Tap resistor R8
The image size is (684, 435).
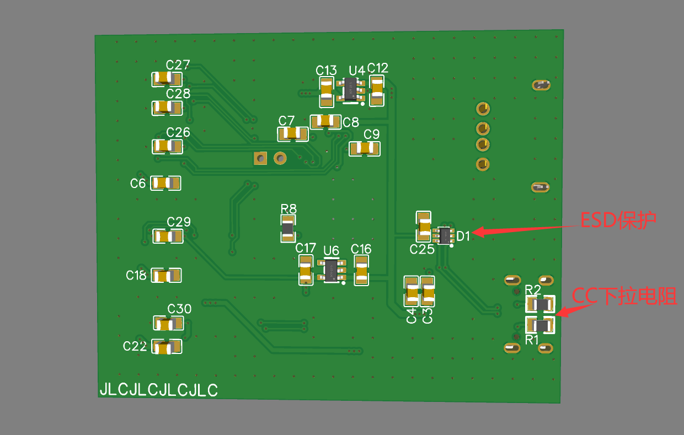(288, 228)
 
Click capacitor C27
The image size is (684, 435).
(167, 79)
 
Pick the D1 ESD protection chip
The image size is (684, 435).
(443, 235)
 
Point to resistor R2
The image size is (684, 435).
(540, 304)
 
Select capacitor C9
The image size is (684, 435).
(365, 148)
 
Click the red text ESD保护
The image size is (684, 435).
(618, 221)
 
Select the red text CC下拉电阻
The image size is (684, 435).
(624, 296)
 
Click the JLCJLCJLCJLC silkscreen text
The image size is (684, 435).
(158, 390)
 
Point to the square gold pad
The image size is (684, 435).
(259, 158)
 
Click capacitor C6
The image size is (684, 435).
(166, 182)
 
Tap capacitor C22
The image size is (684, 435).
(167, 347)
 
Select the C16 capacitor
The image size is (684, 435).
(362, 270)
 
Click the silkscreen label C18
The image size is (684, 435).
(136, 275)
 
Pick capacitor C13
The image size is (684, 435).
(327, 92)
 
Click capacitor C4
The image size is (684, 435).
(412, 291)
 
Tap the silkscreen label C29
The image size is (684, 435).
(179, 222)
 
